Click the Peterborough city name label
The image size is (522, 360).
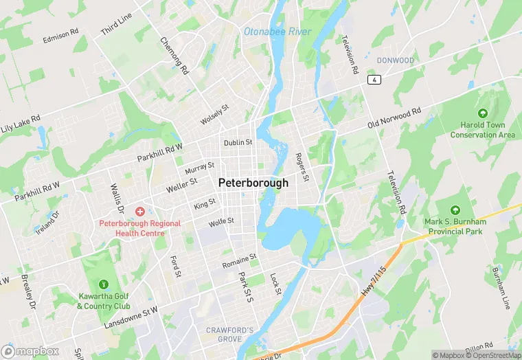coord(253,183)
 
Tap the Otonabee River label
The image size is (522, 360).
coord(277,32)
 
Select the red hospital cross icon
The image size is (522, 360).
coord(139,211)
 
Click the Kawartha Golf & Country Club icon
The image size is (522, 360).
coord(104,284)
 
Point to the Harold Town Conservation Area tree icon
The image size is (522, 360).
coord(482,113)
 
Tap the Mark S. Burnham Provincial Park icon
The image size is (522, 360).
coord(453,210)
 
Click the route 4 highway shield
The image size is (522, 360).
coord(374,80)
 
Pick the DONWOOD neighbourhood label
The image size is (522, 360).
coord(395,60)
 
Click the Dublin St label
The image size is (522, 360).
coord(238,143)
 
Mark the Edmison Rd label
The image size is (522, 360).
coord(61,36)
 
